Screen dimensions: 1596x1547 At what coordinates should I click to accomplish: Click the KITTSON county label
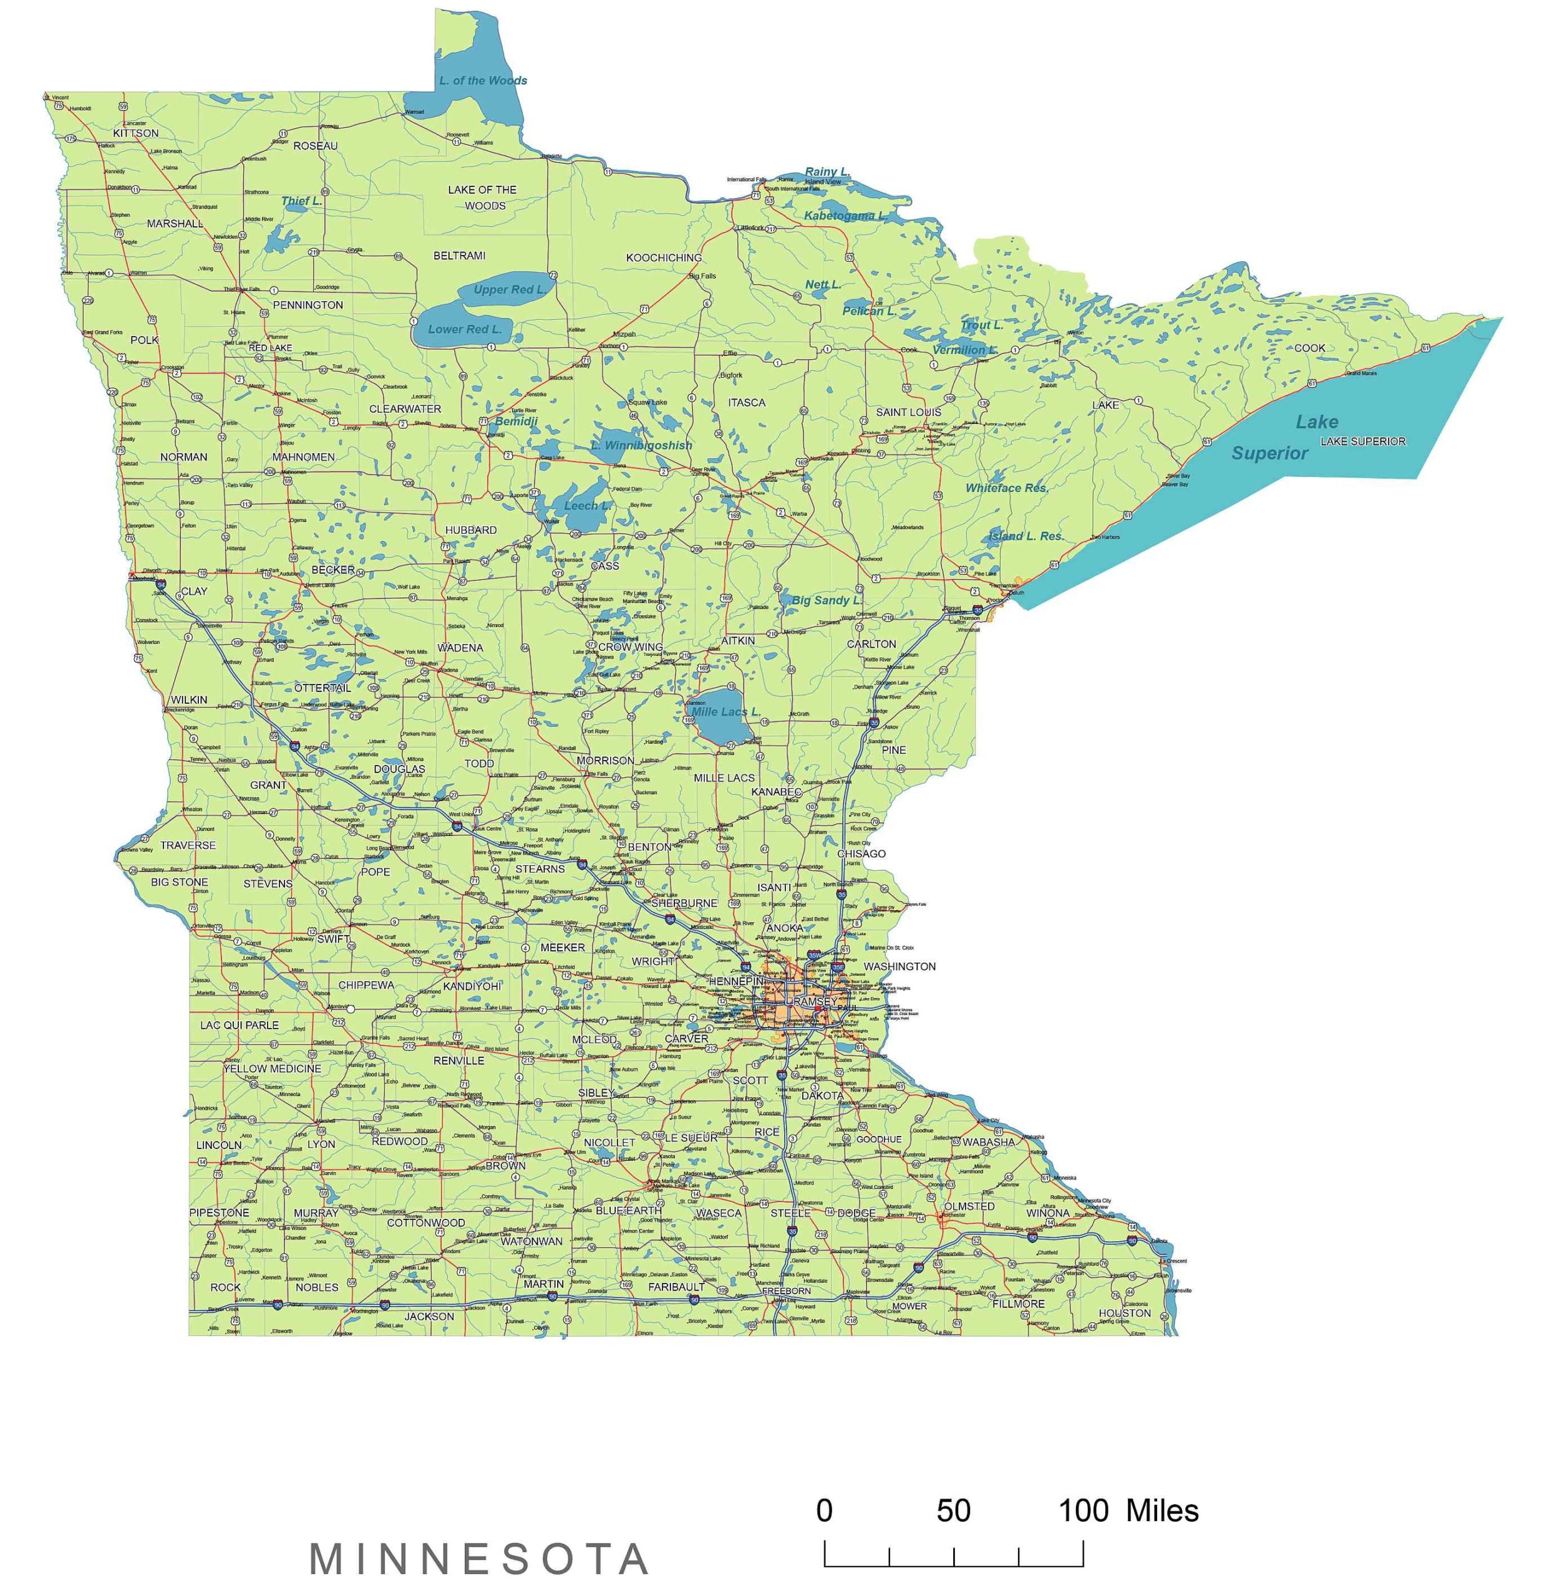tap(136, 133)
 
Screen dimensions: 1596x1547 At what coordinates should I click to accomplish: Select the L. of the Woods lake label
tap(482, 80)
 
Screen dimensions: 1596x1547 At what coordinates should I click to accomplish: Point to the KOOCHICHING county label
tap(663, 258)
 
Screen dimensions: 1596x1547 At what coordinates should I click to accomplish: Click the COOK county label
tap(1309, 348)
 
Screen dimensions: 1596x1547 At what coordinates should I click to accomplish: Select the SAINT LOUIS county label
tap(908, 412)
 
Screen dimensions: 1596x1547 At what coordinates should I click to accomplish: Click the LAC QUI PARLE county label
tap(240, 1025)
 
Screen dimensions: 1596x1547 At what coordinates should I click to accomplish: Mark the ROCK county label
tap(226, 1287)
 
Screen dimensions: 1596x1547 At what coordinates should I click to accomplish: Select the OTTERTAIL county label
tap(322, 688)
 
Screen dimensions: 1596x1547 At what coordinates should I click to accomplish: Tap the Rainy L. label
tap(827, 172)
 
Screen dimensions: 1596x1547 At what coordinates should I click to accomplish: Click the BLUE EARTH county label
tap(628, 1211)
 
